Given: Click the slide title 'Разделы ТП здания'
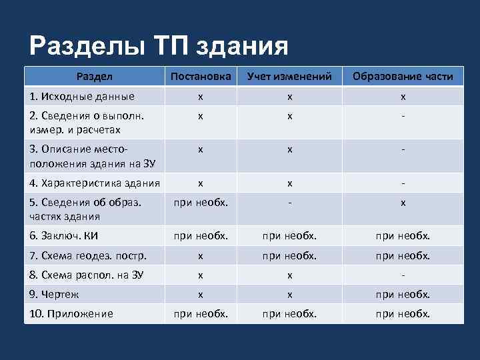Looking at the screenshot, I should point(159,46).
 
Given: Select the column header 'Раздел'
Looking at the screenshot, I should point(94,77).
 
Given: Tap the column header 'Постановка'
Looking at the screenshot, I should point(201,77).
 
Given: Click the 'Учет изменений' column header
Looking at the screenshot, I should point(289,77).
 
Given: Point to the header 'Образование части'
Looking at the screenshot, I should point(403,77).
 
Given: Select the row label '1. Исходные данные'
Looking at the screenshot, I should point(82,96).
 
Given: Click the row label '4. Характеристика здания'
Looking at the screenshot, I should point(94,183).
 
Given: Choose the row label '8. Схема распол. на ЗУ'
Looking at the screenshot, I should point(87,275).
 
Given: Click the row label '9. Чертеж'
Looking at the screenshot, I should point(55,294).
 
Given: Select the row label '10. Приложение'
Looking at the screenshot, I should point(71,314).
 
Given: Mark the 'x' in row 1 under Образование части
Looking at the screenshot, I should point(403,96).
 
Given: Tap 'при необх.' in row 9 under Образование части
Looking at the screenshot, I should point(403,294).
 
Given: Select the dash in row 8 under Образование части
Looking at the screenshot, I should point(403,275).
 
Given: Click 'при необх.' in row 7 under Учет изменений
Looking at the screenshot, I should point(289,255).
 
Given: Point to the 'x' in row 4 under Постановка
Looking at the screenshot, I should point(201,183).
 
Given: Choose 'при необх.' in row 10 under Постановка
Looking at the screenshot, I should point(201,314).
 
